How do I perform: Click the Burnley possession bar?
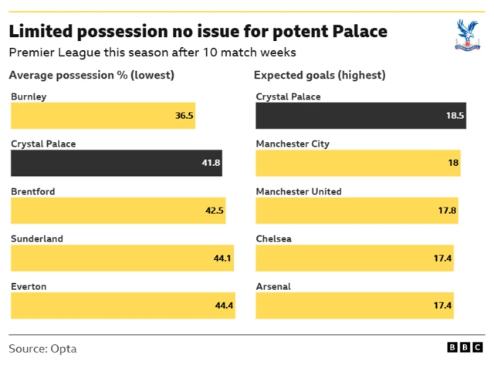pos(103,116)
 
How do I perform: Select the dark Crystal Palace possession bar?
pos(116,163)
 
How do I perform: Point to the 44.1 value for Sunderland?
pos(222,258)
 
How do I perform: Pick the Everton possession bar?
pos(122,306)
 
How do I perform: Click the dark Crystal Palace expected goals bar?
pos(360,116)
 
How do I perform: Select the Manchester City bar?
pos(357,163)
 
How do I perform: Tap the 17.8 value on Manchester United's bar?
pos(447,211)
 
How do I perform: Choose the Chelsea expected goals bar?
pos(354,258)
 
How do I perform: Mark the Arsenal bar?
pos(354,306)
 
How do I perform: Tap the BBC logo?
pos(465,348)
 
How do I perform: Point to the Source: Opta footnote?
pos(42,349)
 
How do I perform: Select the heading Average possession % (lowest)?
pos(91,75)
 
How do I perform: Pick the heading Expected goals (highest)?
pos(320,75)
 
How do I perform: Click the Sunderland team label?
pos(37,239)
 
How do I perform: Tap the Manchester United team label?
pos(298,191)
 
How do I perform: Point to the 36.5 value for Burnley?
pos(184,116)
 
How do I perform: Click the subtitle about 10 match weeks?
pos(152,52)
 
